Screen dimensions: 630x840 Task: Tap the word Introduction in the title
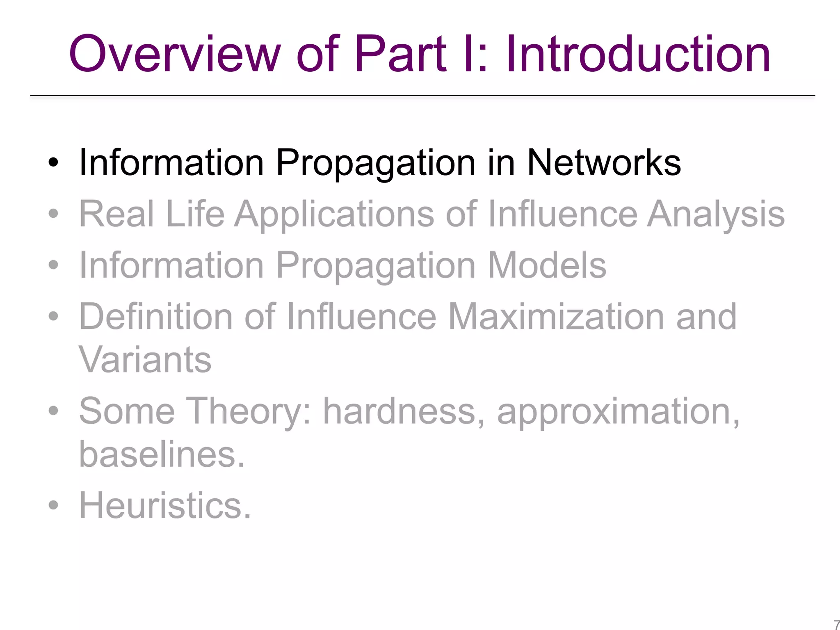pos(638,54)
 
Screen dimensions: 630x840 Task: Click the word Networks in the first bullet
pos(603,163)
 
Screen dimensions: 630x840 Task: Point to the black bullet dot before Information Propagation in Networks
pos(53,163)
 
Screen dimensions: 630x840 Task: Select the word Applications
pos(334,215)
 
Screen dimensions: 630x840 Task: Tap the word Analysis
pos(716,215)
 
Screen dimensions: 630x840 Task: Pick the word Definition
pos(156,317)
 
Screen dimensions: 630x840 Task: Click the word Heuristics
pos(164,505)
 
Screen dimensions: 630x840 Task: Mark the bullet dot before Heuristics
pos(53,505)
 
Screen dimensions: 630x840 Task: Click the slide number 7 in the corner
pos(836,625)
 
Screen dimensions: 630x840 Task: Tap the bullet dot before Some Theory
pos(53,411)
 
